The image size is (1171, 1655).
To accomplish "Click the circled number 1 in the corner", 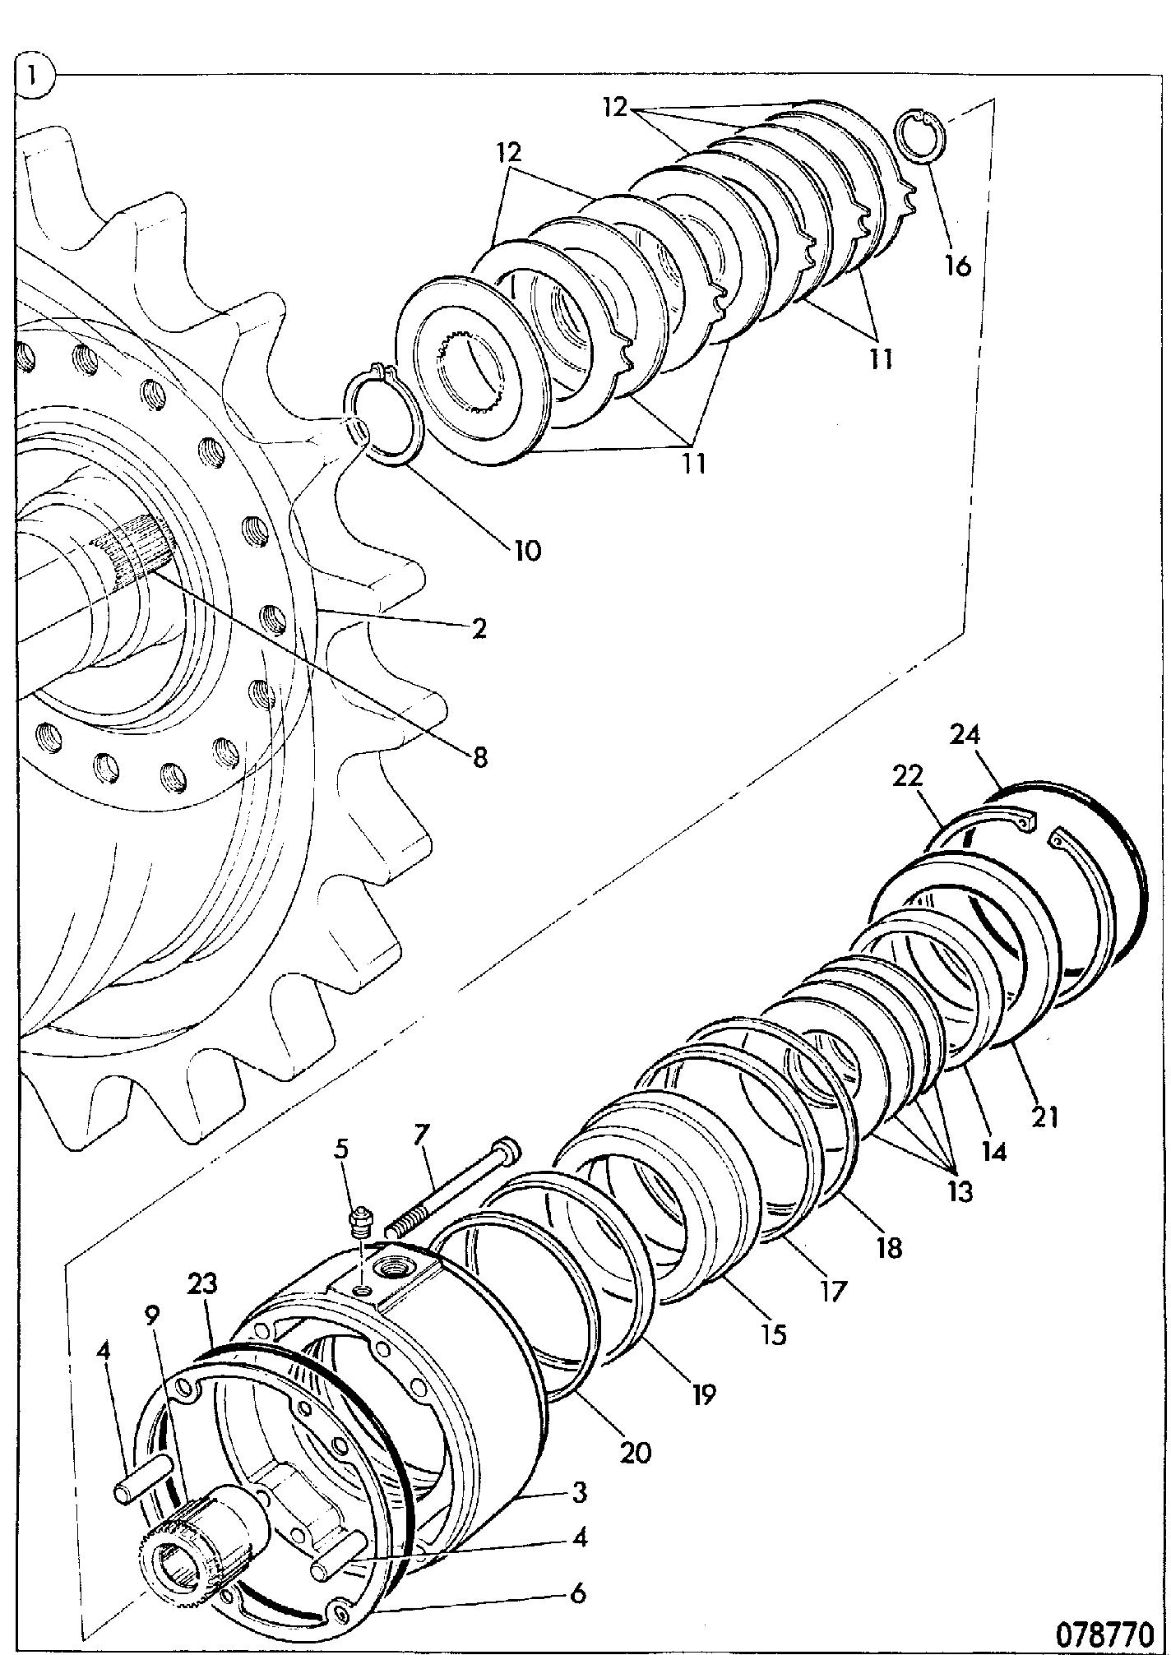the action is pos(33,76).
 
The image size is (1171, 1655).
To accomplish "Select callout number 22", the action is pos(906,775).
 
